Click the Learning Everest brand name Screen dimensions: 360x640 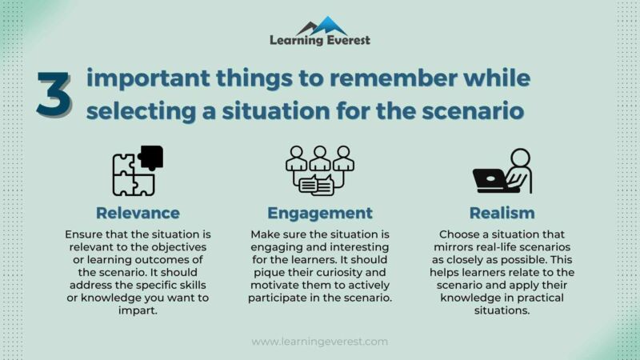[x=320, y=40]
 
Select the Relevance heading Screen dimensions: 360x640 [x=138, y=213]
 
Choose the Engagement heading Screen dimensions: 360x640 [x=320, y=213]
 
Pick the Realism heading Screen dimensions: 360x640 [x=502, y=213]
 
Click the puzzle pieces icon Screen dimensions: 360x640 [x=134, y=173]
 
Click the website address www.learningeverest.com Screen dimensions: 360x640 [x=320, y=342]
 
